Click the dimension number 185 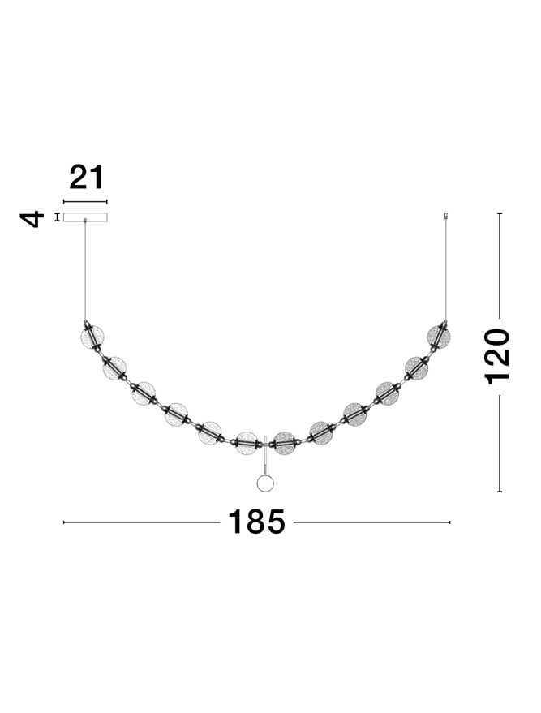pos(256,522)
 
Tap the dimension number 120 pos(498,355)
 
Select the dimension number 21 pos(87,178)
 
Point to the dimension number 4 pos(32,218)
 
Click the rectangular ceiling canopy pos(85,217)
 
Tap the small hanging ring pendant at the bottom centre pos(264,483)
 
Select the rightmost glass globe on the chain pos(438,336)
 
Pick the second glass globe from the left pos(115,367)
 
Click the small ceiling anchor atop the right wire pos(445,216)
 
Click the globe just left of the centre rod pos(246,443)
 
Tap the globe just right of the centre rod pos(284,442)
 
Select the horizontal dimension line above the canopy pos(85,202)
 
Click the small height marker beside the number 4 pos(57,217)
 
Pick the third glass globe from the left pos(145,394)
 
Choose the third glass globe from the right pos(387,394)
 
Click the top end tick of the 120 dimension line pos(500,214)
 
